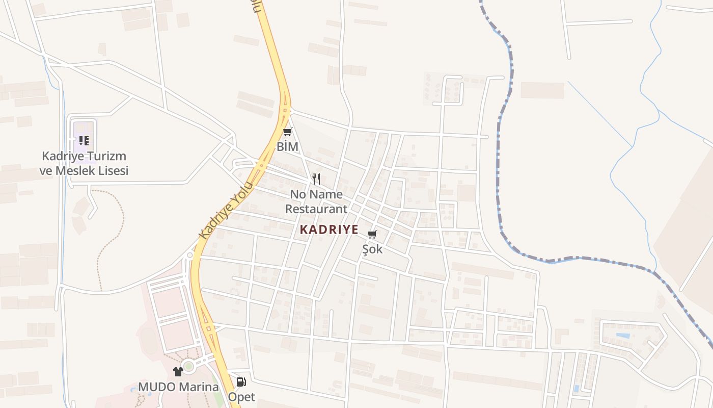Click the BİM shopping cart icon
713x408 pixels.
(x=287, y=133)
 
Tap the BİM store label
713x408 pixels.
(x=287, y=146)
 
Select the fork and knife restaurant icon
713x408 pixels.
(x=316, y=179)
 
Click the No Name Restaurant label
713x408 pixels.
(x=316, y=201)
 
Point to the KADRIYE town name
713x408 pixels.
(x=329, y=229)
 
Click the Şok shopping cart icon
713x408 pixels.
(x=372, y=235)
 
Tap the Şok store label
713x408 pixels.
(x=372, y=249)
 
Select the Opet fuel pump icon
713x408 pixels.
(x=241, y=381)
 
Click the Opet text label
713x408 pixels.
(x=241, y=396)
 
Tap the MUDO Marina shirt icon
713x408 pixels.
(x=178, y=372)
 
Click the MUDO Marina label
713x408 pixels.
(x=178, y=387)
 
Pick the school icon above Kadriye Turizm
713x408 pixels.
(x=84, y=141)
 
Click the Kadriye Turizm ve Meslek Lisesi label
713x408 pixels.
(x=84, y=163)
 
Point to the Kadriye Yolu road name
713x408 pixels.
(x=226, y=210)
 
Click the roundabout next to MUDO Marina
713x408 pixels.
(x=189, y=366)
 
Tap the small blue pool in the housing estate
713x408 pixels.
(x=622, y=336)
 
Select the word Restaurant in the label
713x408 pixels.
(x=316, y=209)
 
